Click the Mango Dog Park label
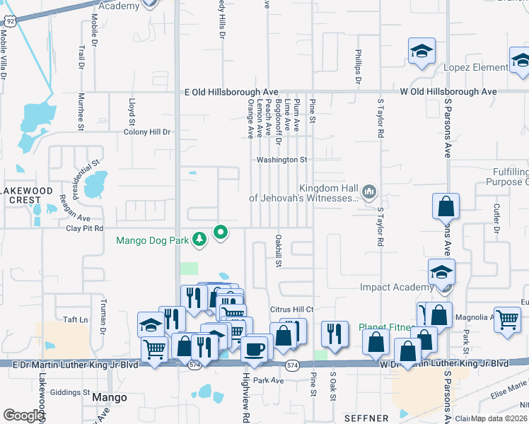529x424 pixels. click(152, 240)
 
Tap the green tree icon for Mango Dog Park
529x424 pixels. click(200, 240)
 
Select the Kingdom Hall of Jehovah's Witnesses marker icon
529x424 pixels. click(368, 191)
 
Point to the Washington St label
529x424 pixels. click(281, 160)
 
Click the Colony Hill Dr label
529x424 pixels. click(147, 132)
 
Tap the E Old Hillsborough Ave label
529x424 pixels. click(231, 92)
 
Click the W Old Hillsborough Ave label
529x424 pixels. click(448, 92)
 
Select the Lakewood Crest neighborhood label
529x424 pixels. click(26, 196)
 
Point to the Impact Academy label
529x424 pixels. click(396, 287)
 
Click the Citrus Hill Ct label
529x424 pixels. click(291, 310)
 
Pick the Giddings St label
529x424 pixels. click(71, 392)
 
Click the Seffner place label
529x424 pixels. click(366, 418)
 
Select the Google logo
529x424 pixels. click(23, 416)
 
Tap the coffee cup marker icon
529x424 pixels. click(255, 348)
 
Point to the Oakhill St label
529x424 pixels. click(279, 252)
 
